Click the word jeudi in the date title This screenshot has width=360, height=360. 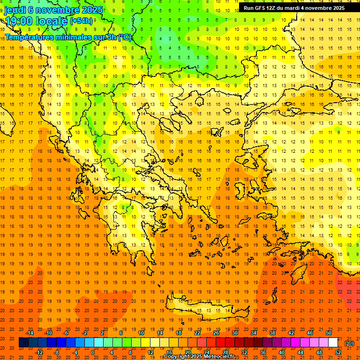tap(15, 10)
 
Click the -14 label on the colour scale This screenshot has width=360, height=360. tap(30, 333)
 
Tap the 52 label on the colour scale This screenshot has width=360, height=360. tap(338, 352)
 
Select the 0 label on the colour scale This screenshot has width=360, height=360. tap(92, 352)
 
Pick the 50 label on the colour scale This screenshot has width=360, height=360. tap(328, 333)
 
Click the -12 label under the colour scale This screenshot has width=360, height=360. tap(39, 352)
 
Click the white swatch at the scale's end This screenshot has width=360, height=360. tap(333, 343)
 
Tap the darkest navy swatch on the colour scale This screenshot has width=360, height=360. tap(23, 343)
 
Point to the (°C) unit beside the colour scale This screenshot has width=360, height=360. tap(349, 343)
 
